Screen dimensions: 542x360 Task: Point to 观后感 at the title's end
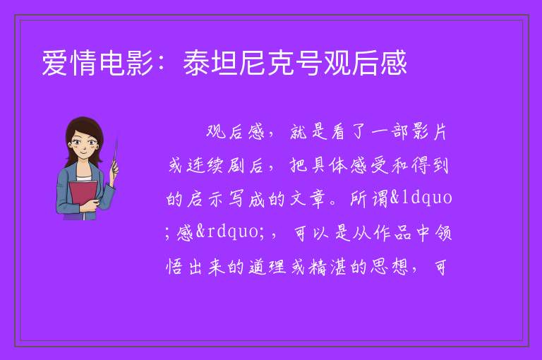[x=365, y=63]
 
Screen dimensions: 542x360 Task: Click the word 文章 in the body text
[x=308, y=198]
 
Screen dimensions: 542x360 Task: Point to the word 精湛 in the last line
[x=327, y=267]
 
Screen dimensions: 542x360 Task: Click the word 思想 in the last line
[x=390, y=267]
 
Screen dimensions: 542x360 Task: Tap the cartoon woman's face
[x=84, y=145]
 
